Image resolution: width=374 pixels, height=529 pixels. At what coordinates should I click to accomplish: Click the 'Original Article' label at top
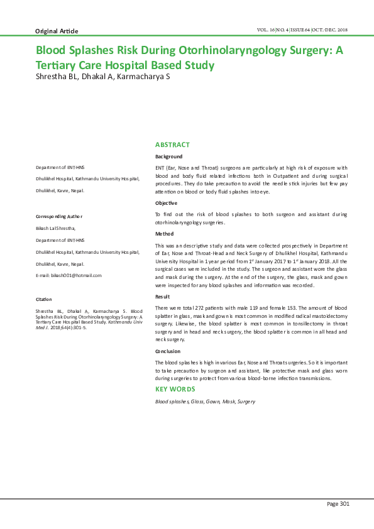pyautogui.click(x=56, y=31)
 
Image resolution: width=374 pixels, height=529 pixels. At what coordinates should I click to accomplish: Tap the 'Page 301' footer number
pyautogui.click(x=338, y=503)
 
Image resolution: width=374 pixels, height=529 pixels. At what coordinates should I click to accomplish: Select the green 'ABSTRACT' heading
pyautogui.click(x=172, y=145)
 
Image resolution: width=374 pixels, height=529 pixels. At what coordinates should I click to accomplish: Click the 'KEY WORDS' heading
pyautogui.click(x=175, y=389)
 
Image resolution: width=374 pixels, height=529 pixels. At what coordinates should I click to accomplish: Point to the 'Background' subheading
pyautogui.click(x=168, y=156)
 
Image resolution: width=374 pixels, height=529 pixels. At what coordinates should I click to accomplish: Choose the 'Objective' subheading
pyautogui.click(x=166, y=203)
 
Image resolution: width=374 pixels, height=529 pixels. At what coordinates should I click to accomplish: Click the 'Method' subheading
pyautogui.click(x=164, y=233)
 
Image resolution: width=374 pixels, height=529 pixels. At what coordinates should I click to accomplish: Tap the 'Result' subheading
pyautogui.click(x=162, y=296)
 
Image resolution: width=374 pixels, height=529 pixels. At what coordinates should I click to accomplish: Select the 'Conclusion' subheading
pyautogui.click(x=167, y=351)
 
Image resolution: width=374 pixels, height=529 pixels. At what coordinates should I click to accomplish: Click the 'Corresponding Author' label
pyautogui.click(x=59, y=216)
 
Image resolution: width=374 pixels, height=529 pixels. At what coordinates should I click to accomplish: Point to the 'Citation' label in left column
pyautogui.click(x=44, y=299)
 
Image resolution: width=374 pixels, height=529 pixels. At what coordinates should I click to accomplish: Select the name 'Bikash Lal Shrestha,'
pyautogui.click(x=56, y=228)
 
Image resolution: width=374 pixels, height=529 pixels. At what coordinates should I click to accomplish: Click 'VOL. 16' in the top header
pyautogui.click(x=267, y=30)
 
